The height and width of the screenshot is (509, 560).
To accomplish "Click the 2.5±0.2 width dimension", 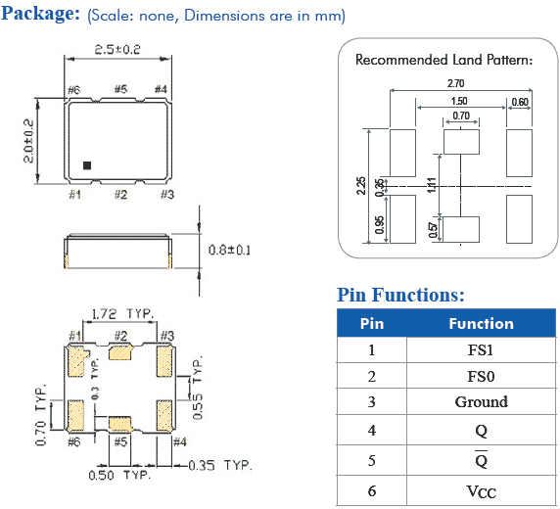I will pos(117,48).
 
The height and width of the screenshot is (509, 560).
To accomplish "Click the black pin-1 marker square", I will pos(87,165).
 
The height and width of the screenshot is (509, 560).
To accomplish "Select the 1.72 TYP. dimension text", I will pos(122,314).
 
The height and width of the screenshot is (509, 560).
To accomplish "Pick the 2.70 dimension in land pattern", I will pos(456,84).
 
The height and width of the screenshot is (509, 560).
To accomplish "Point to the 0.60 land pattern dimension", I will pos(519,101).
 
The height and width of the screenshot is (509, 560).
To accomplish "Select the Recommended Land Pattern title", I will pos(443,60).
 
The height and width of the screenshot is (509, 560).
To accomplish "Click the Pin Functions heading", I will pos(400,295).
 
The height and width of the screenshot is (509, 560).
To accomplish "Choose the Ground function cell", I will pos(481,401).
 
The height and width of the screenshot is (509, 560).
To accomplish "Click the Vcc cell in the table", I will pos(481,490).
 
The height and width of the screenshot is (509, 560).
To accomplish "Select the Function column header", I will pos(481,323).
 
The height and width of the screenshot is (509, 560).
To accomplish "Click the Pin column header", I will pos(372,323).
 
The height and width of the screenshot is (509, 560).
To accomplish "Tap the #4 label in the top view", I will pos(162,91).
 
